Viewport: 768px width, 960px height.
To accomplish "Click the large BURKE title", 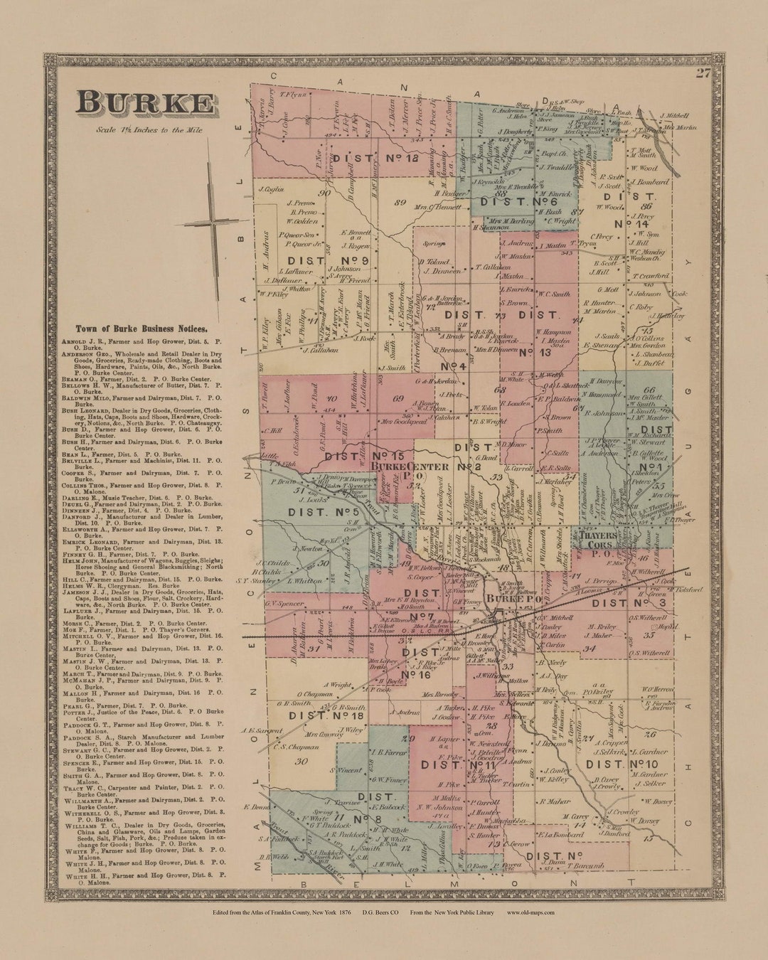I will pyautogui.click(x=146, y=104).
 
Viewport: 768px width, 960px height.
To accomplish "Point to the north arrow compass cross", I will pyautogui.click(x=212, y=222).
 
